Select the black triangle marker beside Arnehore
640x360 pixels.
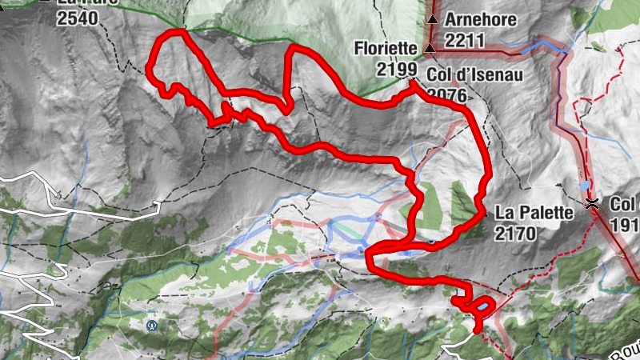pyautogui.click(x=433, y=18)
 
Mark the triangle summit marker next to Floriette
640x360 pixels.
pyautogui.click(x=430, y=50)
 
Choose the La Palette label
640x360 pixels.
pyautogui.click(x=534, y=214)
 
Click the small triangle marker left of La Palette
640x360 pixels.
pyautogui.click(x=485, y=214)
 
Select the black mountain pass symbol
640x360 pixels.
pyautogui.click(x=591, y=204)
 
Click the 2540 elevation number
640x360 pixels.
pyautogui.click(x=77, y=17)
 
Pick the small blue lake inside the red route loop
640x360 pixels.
pyautogui.click(x=483, y=306)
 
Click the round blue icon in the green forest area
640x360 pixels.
pyautogui.click(x=151, y=326)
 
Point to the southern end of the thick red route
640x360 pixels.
pyautogui.click(x=478, y=328)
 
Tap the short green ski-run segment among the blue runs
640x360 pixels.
pyautogui.click(x=345, y=229)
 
